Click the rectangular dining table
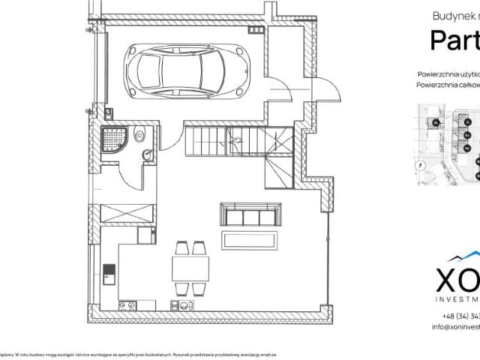pyautogui.click(x=190, y=268)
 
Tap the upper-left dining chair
pyautogui.click(x=181, y=248)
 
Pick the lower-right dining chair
pyautogui.click(x=199, y=288)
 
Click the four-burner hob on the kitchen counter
pyautogui.click(x=126, y=304)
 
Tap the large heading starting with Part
pyautogui.click(x=454, y=40)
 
